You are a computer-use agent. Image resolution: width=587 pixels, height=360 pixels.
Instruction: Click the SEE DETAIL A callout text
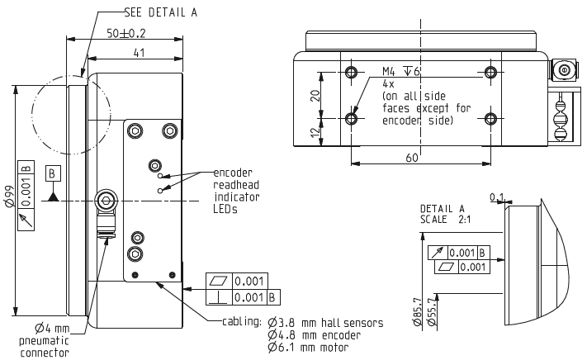(x=161, y=12)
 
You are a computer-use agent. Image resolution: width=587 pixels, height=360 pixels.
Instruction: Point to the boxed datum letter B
(x=52, y=173)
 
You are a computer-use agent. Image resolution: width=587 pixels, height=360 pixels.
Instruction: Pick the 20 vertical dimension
(x=315, y=95)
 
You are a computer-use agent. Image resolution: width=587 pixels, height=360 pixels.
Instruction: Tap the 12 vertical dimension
(x=315, y=133)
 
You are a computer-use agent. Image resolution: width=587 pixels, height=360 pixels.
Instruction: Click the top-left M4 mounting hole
(x=353, y=73)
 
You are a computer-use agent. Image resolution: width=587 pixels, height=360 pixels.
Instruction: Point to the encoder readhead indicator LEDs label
(x=236, y=191)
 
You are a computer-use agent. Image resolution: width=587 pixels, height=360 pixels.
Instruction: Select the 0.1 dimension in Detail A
(x=497, y=197)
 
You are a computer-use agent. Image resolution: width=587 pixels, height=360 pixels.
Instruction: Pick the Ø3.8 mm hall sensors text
(x=324, y=323)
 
